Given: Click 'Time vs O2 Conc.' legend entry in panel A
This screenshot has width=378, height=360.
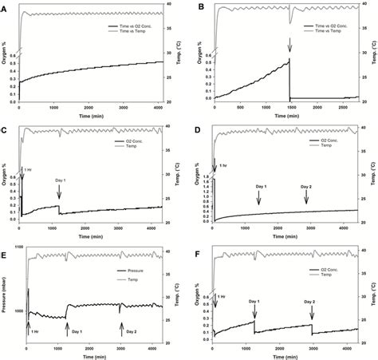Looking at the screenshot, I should point(138,28).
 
